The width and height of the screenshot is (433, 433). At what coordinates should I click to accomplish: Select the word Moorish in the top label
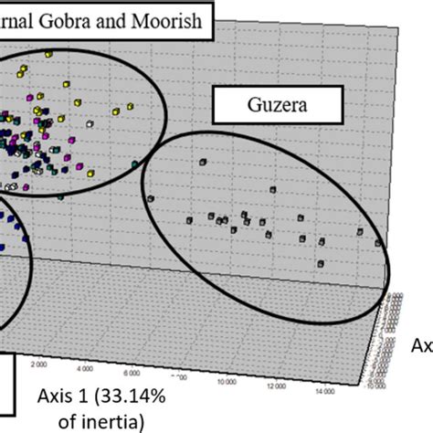pyautogui.click(x=174, y=17)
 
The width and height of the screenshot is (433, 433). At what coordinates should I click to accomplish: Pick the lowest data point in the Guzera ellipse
pyautogui.click(x=320, y=264)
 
